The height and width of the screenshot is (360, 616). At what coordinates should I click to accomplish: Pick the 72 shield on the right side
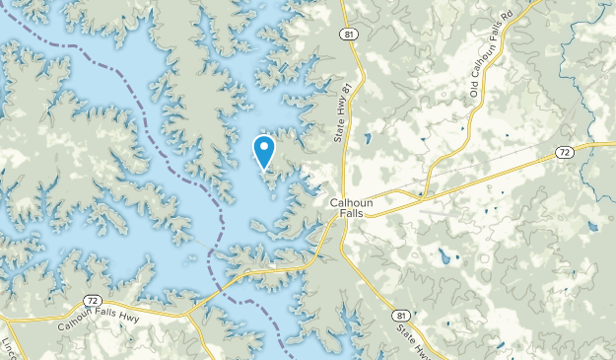pos(563,153)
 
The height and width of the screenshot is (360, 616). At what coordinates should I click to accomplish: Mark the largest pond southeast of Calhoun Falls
pos(445,259)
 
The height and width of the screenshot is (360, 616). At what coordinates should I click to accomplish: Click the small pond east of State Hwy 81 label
pos(368,138)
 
